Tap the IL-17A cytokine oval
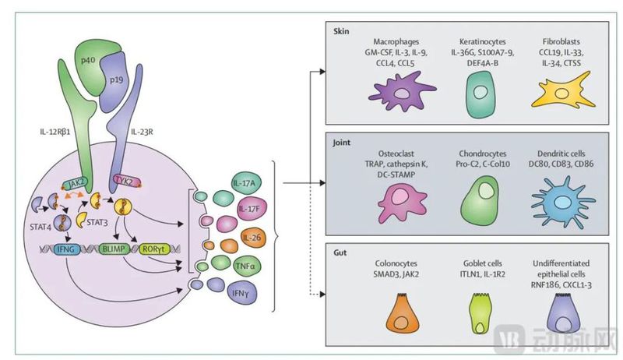click(247, 184)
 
